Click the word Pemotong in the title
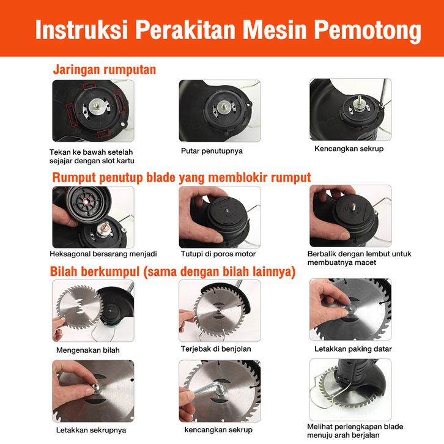[x=368, y=31]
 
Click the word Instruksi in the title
[x=81, y=29]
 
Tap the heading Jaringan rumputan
[x=105, y=70]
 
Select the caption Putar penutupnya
[x=212, y=151]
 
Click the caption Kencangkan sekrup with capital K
[x=349, y=149]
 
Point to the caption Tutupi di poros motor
[x=218, y=254]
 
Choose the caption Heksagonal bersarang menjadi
[x=103, y=254]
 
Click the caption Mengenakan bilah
[x=88, y=350]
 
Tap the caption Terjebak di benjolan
[x=216, y=349]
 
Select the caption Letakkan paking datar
[x=353, y=349]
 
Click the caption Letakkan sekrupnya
[x=91, y=431]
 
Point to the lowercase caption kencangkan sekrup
[x=218, y=430]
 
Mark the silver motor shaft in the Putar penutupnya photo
[x=224, y=107]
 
